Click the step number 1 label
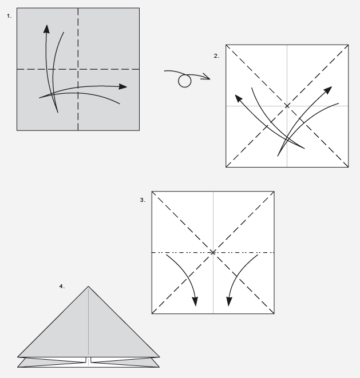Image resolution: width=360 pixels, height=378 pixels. click(x=9, y=16)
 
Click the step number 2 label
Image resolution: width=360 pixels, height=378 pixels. click(x=216, y=56)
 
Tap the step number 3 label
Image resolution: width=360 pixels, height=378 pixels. click(x=143, y=200)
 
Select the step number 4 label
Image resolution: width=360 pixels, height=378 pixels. click(x=62, y=286)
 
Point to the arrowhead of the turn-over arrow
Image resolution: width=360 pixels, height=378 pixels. click(x=207, y=77)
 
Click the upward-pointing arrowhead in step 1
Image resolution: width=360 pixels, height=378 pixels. click(x=46, y=29)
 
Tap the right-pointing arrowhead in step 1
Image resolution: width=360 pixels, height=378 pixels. click(x=123, y=86)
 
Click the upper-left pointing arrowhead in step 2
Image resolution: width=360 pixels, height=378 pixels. click(x=239, y=98)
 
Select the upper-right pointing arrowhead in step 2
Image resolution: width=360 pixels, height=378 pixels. click(x=328, y=90)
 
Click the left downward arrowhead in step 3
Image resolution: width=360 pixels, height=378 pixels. click(x=195, y=301)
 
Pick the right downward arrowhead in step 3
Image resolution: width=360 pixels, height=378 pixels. click(x=230, y=301)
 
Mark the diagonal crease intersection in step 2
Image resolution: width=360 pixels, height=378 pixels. click(x=287, y=106)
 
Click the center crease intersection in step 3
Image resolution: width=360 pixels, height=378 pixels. click(x=213, y=252)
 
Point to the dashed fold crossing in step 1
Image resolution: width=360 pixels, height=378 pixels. click(x=78, y=69)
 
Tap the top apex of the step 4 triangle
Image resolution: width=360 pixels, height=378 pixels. click(x=88, y=286)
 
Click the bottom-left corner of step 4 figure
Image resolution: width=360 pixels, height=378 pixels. click(x=17, y=367)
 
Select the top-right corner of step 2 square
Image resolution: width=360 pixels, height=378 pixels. click(x=349, y=45)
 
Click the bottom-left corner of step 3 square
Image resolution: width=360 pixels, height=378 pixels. click(x=152, y=313)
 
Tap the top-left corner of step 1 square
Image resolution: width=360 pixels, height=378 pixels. click(x=17, y=8)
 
